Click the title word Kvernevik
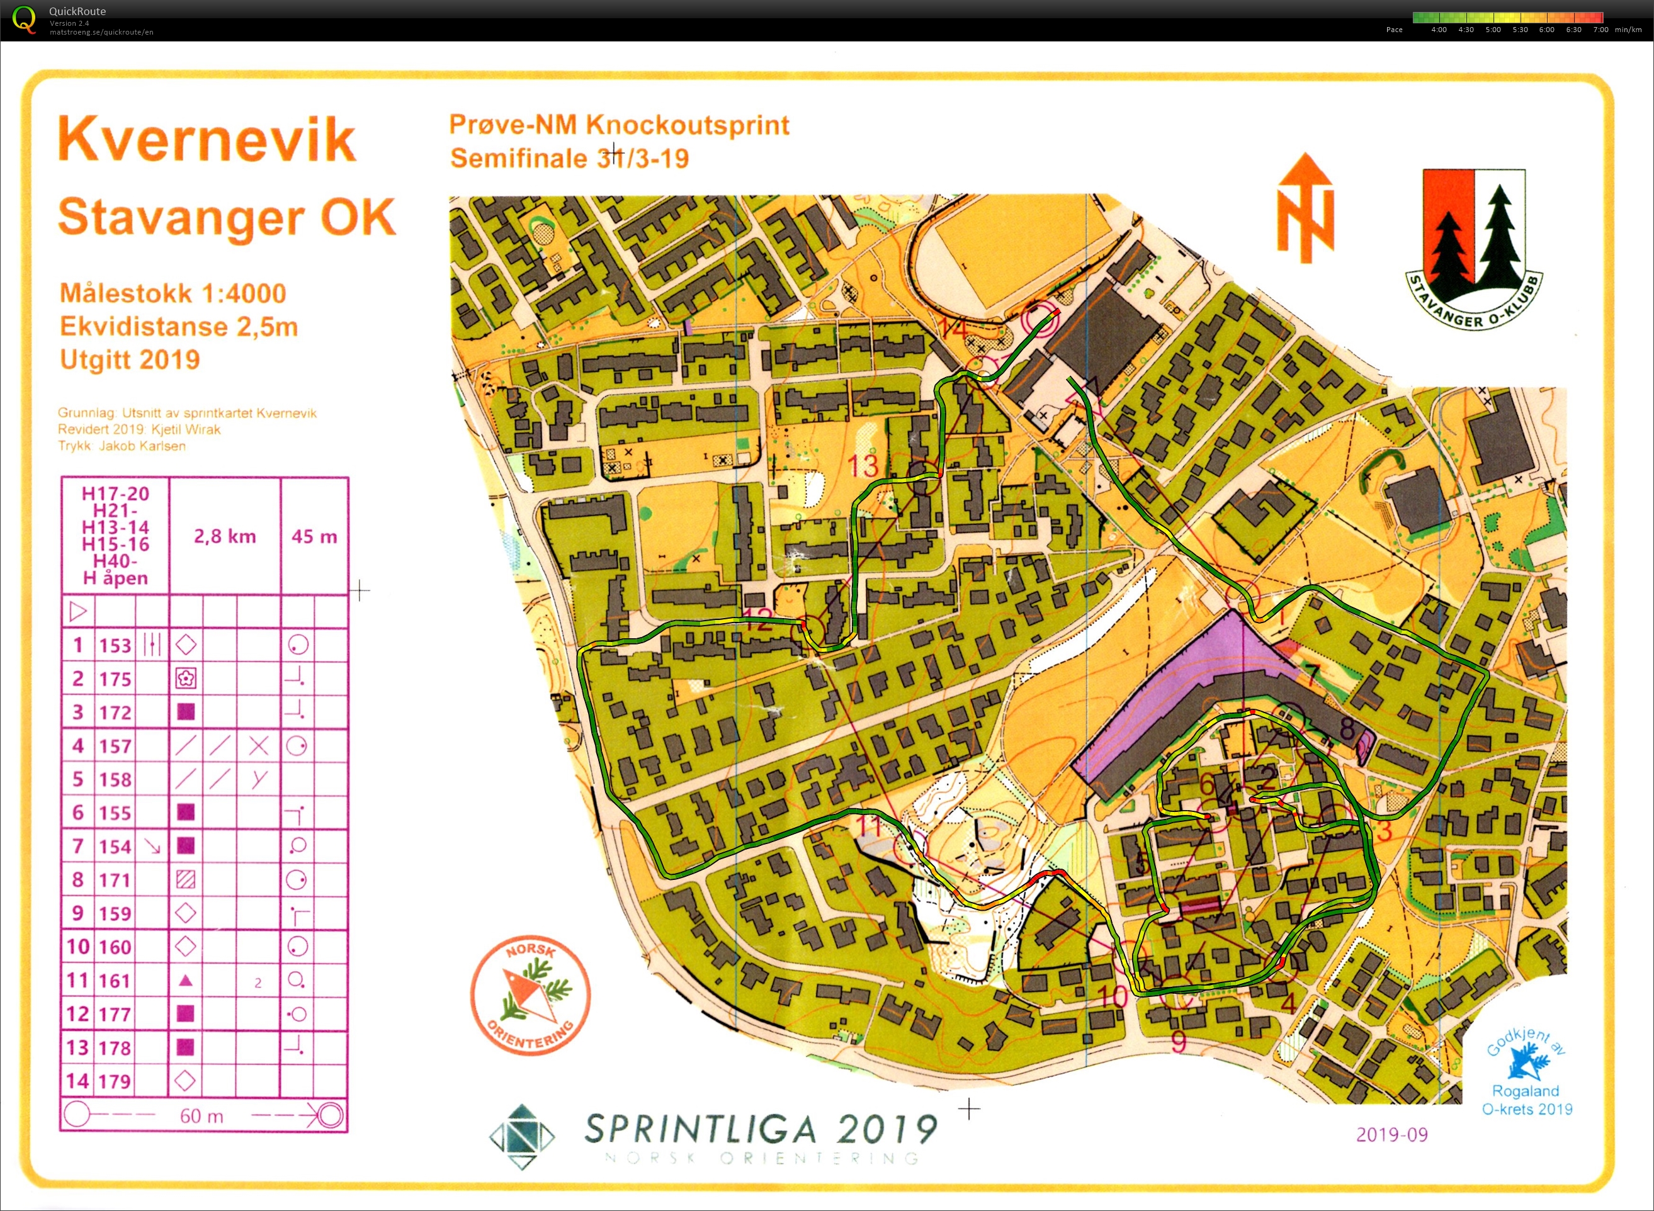click(x=207, y=139)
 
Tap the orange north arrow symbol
click(x=1305, y=209)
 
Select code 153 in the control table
click(x=115, y=646)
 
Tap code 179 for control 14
click(x=115, y=1081)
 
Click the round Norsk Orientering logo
click(x=530, y=994)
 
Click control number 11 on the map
click(x=869, y=827)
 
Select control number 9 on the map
click(x=1178, y=1041)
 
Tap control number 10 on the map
click(x=1114, y=996)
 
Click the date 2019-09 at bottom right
click(x=1391, y=1135)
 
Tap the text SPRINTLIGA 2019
click(x=761, y=1129)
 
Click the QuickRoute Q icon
click(x=23, y=20)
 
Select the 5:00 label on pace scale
click(x=1493, y=30)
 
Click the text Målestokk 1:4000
click(x=173, y=293)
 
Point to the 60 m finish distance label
click(x=201, y=1117)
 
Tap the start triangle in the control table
click(x=77, y=611)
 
